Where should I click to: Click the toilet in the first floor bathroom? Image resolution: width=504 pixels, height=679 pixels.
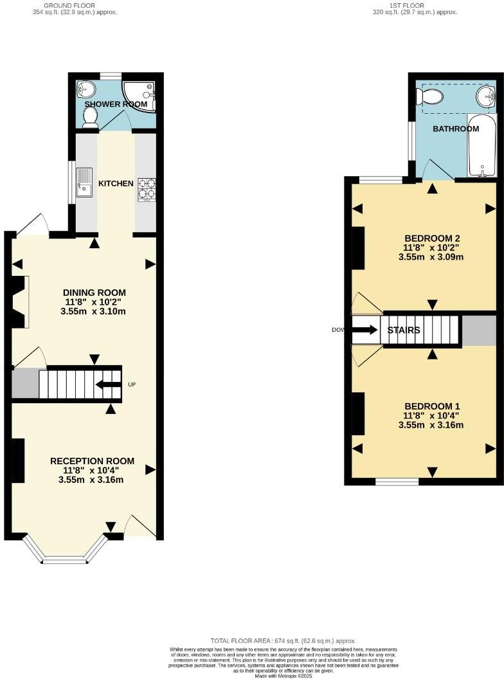click(429, 97)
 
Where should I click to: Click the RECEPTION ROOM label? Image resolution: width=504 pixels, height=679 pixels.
click(92, 460)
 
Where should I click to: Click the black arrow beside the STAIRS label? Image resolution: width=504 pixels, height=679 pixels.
click(365, 330)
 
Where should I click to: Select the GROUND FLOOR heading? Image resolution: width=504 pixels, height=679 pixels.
click(75, 5)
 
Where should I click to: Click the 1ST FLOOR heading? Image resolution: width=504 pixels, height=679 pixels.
click(415, 5)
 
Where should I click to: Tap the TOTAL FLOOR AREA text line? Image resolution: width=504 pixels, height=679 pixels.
click(283, 640)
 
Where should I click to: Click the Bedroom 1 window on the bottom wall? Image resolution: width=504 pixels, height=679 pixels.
click(397, 482)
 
